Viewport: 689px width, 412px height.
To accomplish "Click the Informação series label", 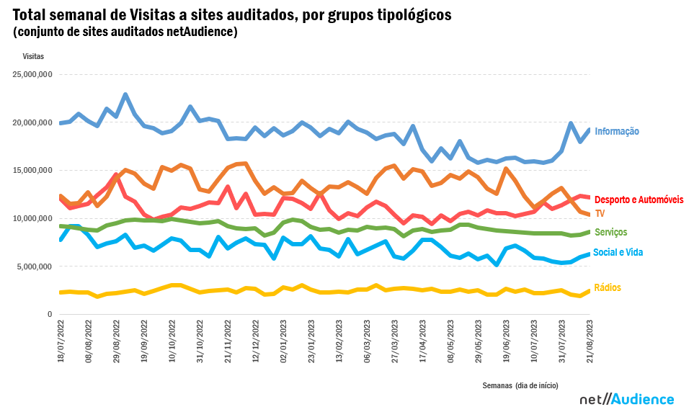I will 616,131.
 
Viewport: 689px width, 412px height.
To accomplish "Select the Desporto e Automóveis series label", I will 639,200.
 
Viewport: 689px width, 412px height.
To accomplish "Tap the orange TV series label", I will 600,213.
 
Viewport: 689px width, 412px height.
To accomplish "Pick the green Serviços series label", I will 610,232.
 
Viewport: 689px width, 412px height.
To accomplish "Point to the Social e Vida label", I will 618,253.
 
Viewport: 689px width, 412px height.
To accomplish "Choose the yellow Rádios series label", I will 607,287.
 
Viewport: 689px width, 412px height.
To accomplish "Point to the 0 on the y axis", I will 50,315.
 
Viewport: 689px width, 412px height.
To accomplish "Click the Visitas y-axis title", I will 33,55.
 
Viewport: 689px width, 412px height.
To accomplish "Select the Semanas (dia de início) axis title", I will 520,385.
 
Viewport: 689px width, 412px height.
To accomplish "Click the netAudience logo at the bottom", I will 626,400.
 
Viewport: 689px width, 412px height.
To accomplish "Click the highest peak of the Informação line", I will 125,94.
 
